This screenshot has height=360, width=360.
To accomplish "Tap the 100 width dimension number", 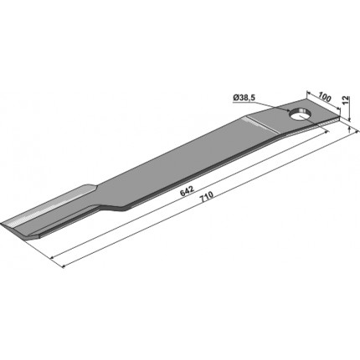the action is point(325,97).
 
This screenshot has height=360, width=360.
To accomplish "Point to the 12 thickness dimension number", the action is point(345,100).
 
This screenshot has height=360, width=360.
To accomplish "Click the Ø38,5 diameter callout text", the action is point(244,98).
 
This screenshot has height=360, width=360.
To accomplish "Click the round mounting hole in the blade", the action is point(301,115).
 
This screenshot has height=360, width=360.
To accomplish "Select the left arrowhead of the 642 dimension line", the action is point(52,257).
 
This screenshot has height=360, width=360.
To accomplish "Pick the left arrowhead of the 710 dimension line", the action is point(64,266).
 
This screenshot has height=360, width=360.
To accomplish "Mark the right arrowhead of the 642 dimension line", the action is point(327,132).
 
